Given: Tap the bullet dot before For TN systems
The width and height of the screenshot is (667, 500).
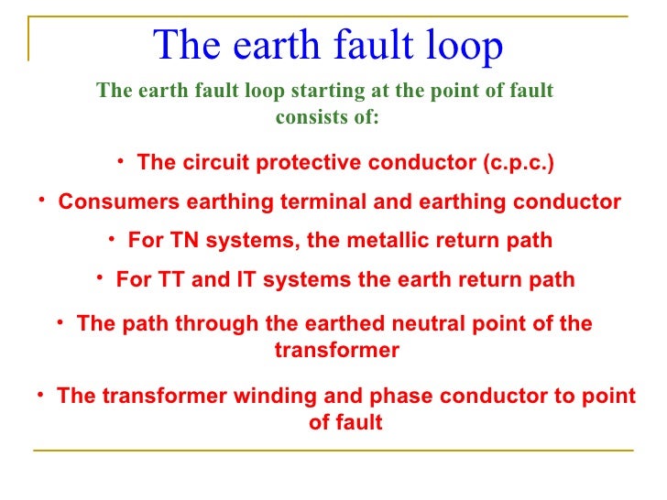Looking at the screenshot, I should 111,238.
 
